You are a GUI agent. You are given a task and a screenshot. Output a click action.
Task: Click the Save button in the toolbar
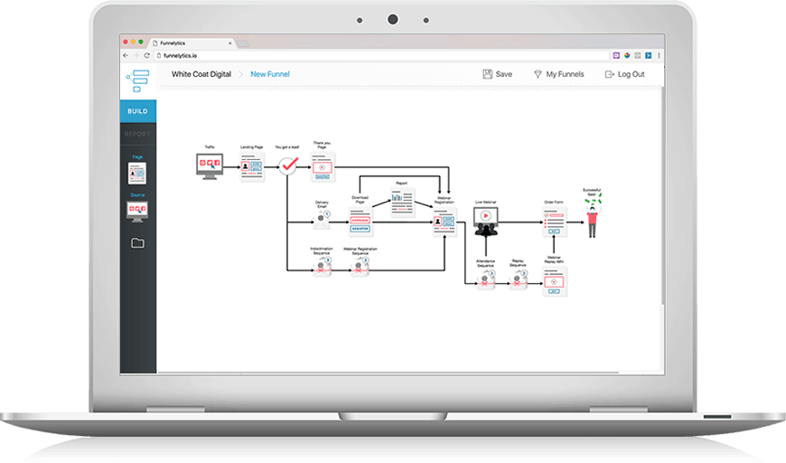pyautogui.click(x=498, y=74)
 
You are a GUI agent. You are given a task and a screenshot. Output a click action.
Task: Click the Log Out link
pyautogui.click(x=624, y=74)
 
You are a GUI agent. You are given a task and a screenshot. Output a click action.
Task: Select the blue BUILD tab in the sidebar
pyautogui.click(x=137, y=111)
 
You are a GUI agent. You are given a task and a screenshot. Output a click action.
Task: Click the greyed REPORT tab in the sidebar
pyautogui.click(x=137, y=134)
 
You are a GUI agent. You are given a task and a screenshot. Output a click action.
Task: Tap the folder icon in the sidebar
pyautogui.click(x=137, y=242)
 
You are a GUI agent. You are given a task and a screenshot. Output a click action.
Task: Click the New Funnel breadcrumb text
pyautogui.click(x=270, y=74)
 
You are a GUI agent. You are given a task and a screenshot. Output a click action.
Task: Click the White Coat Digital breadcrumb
pyautogui.click(x=201, y=74)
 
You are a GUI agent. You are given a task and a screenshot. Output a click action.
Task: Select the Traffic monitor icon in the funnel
pyautogui.click(x=210, y=165)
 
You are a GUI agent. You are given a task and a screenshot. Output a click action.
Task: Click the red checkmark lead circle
pyautogui.click(x=287, y=165)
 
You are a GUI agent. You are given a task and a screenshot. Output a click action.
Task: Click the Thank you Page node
pyautogui.click(x=323, y=165)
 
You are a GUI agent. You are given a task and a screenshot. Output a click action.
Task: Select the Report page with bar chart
pyautogui.click(x=402, y=201)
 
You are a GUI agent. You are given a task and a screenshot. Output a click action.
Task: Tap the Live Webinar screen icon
pyautogui.click(x=485, y=217)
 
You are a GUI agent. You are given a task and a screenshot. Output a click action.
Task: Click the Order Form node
pyautogui.click(x=554, y=220)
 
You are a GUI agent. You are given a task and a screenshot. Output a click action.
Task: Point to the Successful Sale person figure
pyautogui.click(x=593, y=217)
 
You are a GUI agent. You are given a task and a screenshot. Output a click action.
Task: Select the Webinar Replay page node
pyautogui.click(x=554, y=281)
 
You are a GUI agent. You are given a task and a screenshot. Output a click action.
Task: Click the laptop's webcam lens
pyautogui.click(x=393, y=19)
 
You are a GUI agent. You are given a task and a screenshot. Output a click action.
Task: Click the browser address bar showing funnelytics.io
pyautogui.click(x=379, y=55)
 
